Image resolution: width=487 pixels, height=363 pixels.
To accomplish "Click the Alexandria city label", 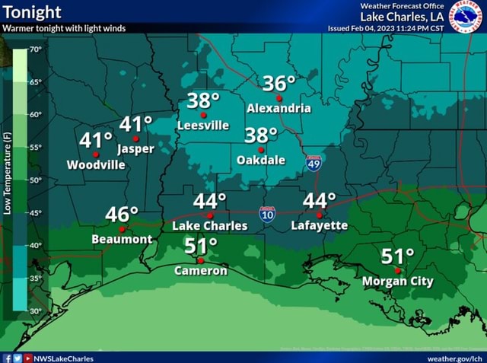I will click(x=279, y=108).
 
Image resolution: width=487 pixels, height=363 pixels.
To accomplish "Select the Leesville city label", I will click(x=202, y=125).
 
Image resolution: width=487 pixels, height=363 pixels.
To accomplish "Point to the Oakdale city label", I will click(x=261, y=160).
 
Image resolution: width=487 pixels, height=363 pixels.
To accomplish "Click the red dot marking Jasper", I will click(x=135, y=139).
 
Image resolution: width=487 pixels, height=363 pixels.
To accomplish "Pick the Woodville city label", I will click(x=96, y=164).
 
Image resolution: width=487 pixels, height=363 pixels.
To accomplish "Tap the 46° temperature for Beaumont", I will click(x=122, y=213).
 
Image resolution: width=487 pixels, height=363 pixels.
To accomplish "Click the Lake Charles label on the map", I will click(x=209, y=225).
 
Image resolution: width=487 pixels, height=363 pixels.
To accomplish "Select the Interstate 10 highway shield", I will click(x=266, y=214).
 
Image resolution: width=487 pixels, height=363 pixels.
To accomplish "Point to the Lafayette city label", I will click(x=319, y=225).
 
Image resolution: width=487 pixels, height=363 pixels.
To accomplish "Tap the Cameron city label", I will click(x=201, y=270).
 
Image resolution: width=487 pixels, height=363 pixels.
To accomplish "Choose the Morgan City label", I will click(x=398, y=281).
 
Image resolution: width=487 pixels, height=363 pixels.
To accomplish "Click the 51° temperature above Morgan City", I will click(x=398, y=256).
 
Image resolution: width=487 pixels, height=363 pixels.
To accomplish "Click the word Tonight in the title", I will click(x=33, y=12).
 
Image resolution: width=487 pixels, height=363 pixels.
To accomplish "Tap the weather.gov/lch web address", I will click(x=455, y=357).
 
